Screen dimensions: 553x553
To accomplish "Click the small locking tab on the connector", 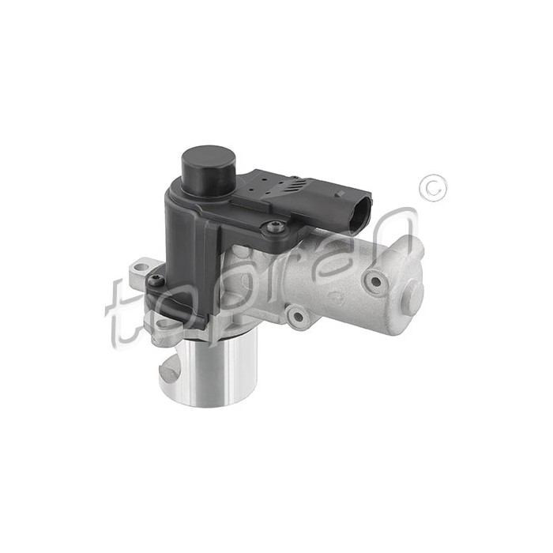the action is (340, 194).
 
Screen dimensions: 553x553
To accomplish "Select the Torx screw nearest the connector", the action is (276, 228).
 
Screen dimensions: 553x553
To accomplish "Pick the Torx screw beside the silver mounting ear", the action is (155, 280).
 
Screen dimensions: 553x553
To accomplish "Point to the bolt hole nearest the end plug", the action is (376, 281).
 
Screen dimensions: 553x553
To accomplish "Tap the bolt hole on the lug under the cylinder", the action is (297, 317).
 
